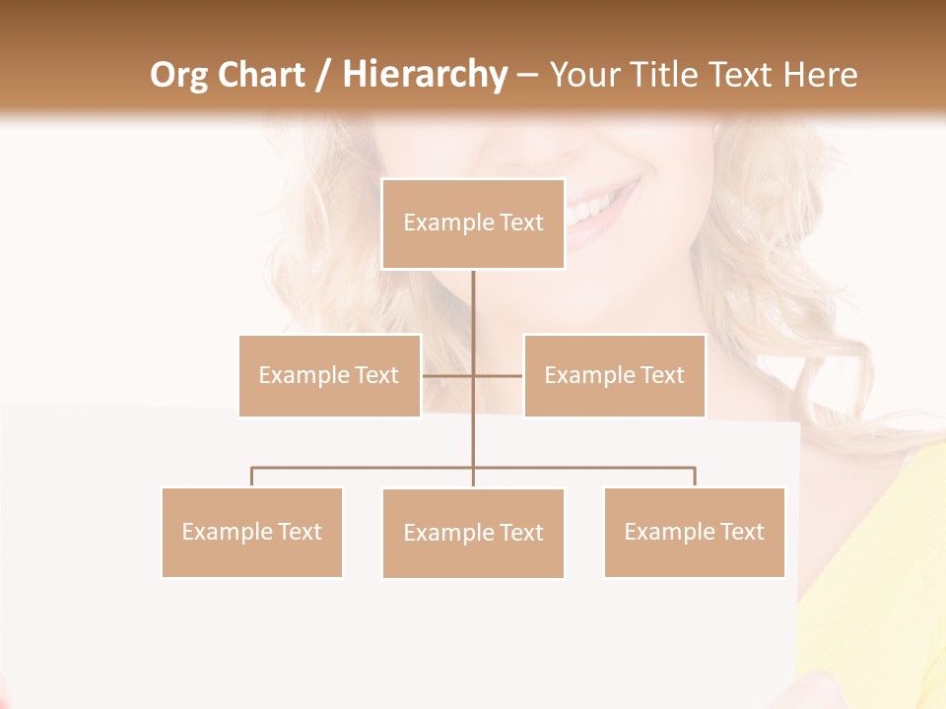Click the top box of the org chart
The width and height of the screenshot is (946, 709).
pyautogui.click(x=473, y=224)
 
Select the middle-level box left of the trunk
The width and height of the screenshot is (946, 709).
pyautogui.click(x=329, y=375)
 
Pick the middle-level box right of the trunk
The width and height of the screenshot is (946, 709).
pyautogui.click(x=614, y=375)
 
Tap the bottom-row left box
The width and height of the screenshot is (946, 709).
pyautogui.click(x=251, y=532)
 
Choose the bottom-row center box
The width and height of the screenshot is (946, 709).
pyautogui.click(x=473, y=533)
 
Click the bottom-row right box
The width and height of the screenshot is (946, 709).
pyautogui.click(x=694, y=532)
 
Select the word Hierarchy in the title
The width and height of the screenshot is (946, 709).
pyautogui.click(x=425, y=75)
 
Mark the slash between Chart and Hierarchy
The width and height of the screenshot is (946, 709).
pyautogui.click(x=324, y=75)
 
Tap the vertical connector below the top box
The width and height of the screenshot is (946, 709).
pyautogui.click(x=473, y=305)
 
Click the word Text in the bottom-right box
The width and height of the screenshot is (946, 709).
pyautogui.click(x=742, y=532)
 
